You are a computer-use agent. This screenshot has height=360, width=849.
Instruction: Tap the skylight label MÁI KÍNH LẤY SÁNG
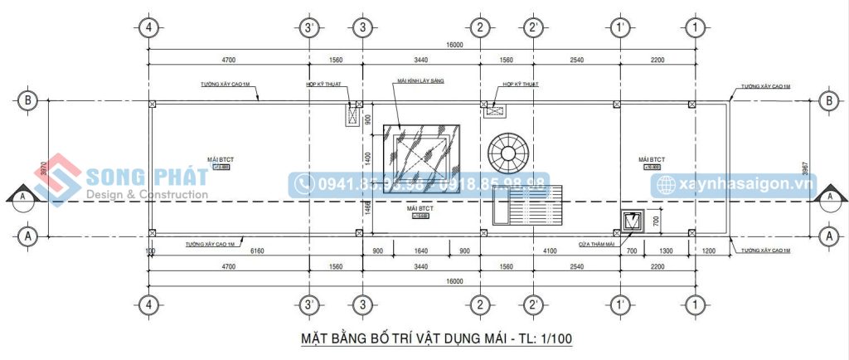(x=421, y=80)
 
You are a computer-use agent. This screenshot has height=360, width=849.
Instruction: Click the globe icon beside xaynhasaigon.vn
(x=665, y=185)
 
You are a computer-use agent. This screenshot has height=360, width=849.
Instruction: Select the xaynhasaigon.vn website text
(x=745, y=185)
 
